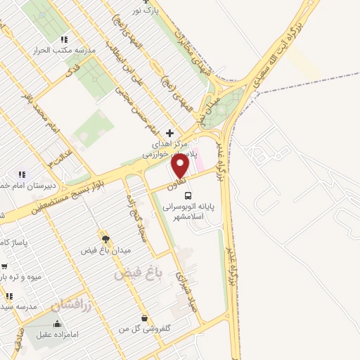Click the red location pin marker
coord(181,167)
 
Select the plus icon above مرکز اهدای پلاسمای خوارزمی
coord(169,132)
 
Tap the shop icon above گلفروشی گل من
coord(144,318)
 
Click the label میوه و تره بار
coord(21,277)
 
